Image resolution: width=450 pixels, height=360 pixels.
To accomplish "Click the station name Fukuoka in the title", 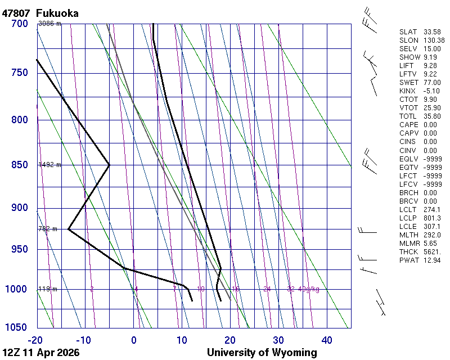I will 57,13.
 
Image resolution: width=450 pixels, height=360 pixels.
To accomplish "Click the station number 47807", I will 16,13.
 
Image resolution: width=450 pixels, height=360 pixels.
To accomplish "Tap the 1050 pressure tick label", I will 16,328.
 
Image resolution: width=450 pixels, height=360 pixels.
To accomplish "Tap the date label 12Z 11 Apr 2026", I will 41,353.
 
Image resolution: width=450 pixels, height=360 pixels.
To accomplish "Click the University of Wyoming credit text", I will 262,353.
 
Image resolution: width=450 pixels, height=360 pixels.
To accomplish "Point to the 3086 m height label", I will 49,24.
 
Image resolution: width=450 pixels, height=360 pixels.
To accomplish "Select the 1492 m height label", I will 49,165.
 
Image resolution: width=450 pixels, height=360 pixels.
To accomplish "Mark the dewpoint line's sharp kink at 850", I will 109,165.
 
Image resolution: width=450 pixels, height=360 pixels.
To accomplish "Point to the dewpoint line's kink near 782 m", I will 68,229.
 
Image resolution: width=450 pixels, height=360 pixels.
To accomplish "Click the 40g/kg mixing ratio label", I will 309,289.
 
